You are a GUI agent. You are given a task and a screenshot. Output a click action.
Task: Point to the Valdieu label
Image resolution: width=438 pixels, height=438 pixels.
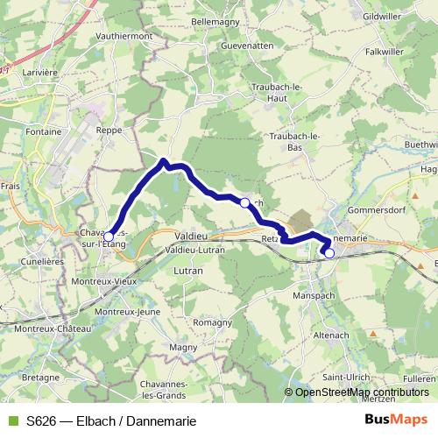tap(191, 237)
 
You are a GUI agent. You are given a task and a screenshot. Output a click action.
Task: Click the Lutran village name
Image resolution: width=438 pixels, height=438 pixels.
tap(189, 272)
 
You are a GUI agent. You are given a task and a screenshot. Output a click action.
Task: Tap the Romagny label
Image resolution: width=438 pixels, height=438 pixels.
tap(211, 322)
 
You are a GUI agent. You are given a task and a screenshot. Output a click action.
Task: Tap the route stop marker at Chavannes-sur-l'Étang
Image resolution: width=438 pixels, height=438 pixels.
tap(109, 237)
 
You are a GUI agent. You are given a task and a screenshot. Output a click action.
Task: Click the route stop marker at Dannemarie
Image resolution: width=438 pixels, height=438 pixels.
tap(328, 253)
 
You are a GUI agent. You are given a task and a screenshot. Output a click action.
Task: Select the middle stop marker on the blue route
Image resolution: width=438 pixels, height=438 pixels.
tap(244, 203)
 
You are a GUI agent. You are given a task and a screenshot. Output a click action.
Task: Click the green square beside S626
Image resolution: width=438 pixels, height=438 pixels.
tap(11, 420)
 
